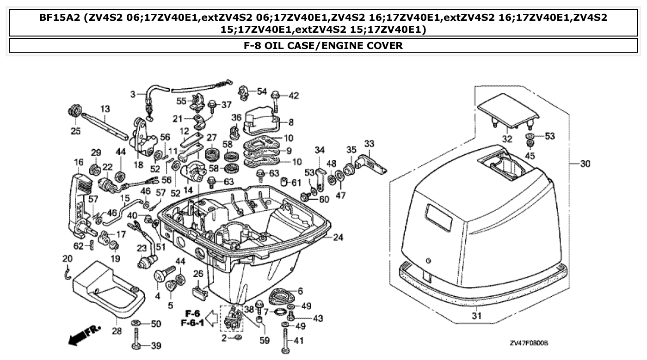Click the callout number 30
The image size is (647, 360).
click(585, 164)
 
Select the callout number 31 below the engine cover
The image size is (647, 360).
click(476, 317)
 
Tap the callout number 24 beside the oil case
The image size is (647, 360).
click(339, 238)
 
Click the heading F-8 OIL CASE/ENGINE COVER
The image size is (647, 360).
click(323, 45)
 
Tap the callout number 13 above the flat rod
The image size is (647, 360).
click(105, 109)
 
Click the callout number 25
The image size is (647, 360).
click(75, 131)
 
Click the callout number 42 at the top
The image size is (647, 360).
click(294, 96)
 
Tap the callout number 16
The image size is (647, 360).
click(78, 162)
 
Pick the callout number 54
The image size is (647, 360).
click(262, 91)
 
